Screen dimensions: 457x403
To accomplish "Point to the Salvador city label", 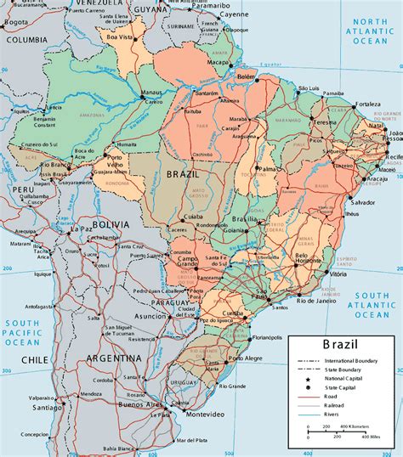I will pyautogui.click(x=361, y=204).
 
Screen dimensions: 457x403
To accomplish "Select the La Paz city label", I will pyautogui.click(x=82, y=228).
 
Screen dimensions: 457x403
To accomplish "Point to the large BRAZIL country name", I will pyautogui.click(x=184, y=172).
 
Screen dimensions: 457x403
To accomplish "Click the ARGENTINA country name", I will pyautogui.click(x=114, y=358).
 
